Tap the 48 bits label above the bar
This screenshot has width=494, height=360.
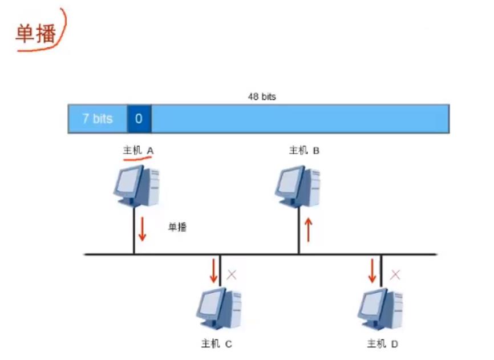[x=262, y=97]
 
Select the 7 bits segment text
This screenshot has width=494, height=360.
[x=97, y=119]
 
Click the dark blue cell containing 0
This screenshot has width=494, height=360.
[x=139, y=119]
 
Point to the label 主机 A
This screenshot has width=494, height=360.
[x=139, y=151]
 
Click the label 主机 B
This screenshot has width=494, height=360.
[x=304, y=151]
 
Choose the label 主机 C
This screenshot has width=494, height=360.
[x=216, y=344]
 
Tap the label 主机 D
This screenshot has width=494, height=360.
[x=382, y=344]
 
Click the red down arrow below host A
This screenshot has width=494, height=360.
[x=142, y=228]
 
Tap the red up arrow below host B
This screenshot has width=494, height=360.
[x=309, y=229]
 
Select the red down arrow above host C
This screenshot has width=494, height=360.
[x=214, y=271]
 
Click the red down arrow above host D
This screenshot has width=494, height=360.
[x=372, y=271]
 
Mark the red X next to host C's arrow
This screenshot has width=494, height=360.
[x=232, y=274]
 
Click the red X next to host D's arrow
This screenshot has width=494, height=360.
[x=395, y=274]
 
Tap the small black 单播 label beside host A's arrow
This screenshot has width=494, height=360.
[x=177, y=227]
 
